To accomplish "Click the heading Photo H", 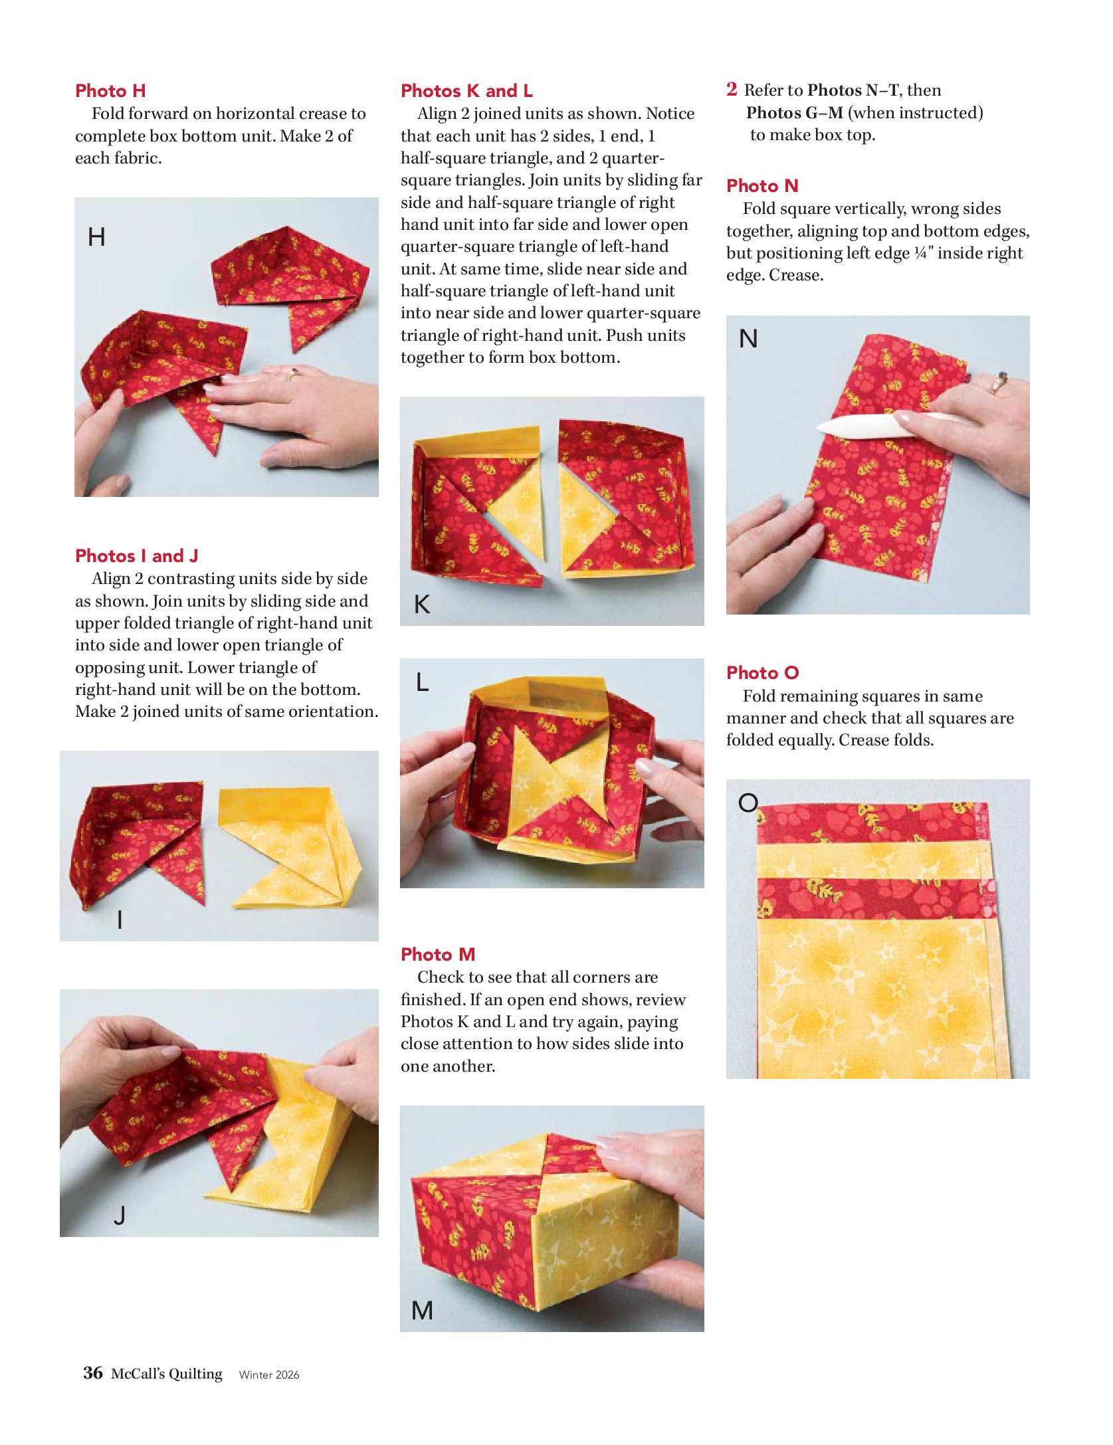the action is coord(110,91).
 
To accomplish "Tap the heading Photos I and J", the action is coord(137,555).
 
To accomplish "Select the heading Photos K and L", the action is coord(466,91).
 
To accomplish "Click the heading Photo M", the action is coord(438,954).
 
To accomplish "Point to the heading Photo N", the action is coord(762,185).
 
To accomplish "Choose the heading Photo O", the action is coord(763,672).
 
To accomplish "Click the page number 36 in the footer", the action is coord(93,1373).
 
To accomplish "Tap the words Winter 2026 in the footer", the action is coord(269,1375).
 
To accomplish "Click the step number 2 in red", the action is coord(732,89).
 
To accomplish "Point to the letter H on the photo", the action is coord(96,237).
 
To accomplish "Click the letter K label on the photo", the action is coord(422,604).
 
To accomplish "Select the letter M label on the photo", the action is coord(423,1311).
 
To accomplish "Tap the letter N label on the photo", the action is coord(748,339).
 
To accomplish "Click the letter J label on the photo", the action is coord(120,1215).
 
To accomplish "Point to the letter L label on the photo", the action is coord(422,682).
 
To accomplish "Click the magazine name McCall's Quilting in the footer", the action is coord(167,1373).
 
